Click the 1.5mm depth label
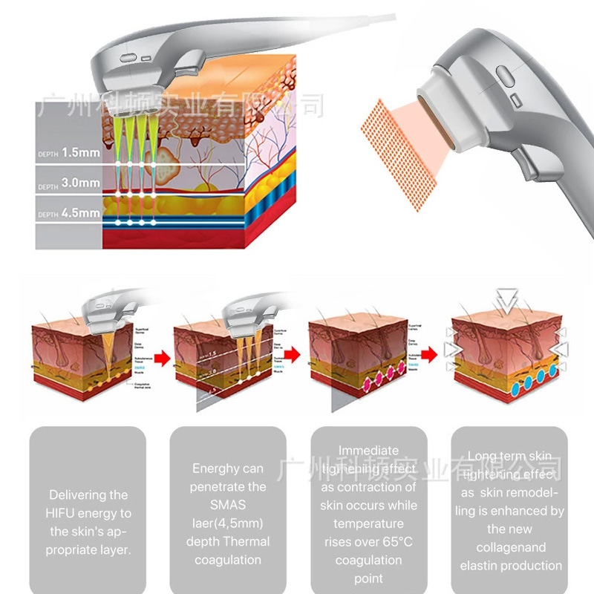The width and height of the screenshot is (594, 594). pyautogui.click(x=80, y=152)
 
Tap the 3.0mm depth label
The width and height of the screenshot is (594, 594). pyautogui.click(x=80, y=182)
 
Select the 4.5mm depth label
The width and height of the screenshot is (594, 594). pyautogui.click(x=80, y=213)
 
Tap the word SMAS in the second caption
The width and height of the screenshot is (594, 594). pyautogui.click(x=227, y=505)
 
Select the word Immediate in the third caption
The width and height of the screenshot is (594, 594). pyautogui.click(x=368, y=450)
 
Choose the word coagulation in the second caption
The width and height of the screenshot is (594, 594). pyautogui.click(x=227, y=560)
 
